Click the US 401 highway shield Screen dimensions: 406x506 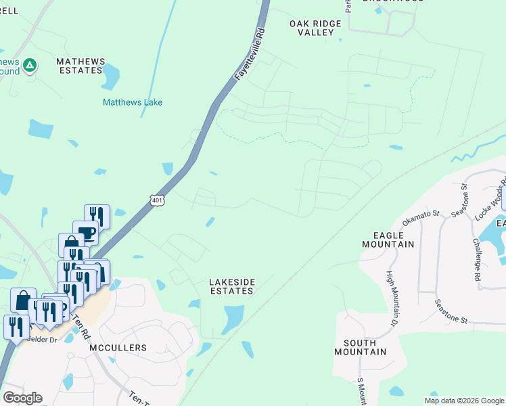coord(157,200)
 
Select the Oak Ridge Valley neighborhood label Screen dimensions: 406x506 coord(315,28)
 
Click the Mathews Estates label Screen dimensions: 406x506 coord(81,66)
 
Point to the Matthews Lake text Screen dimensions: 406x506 coord(133,102)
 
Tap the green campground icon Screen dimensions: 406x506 coord(29,66)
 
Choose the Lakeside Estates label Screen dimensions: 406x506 coord(231,286)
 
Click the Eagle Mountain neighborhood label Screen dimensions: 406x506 coord(388,240)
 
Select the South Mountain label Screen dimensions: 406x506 coord(361,347)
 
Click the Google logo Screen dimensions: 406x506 coord(23,398)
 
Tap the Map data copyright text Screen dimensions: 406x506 coord(464,401)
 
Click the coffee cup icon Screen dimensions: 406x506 coord(87,233)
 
